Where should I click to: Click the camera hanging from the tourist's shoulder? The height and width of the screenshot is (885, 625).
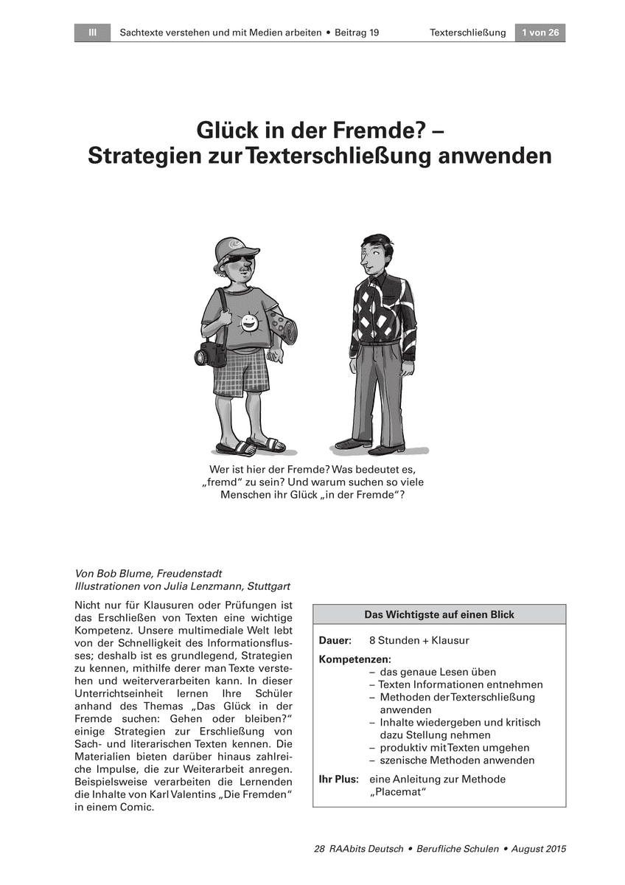(211, 354)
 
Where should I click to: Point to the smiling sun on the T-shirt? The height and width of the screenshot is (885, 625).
(249, 322)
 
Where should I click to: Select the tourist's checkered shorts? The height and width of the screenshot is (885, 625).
(241, 372)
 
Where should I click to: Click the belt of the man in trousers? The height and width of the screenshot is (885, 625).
(377, 343)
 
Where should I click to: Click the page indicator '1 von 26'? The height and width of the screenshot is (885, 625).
(540, 32)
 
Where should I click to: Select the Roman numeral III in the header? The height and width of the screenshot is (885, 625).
(92, 32)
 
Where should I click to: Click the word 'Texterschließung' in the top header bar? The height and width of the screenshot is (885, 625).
(467, 32)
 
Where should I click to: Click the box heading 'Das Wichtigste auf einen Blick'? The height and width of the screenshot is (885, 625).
(439, 614)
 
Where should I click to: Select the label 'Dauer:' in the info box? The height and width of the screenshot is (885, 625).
(335, 641)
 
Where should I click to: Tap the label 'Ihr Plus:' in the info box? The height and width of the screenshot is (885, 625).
(338, 779)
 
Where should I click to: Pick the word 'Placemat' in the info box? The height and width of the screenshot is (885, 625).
(398, 792)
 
